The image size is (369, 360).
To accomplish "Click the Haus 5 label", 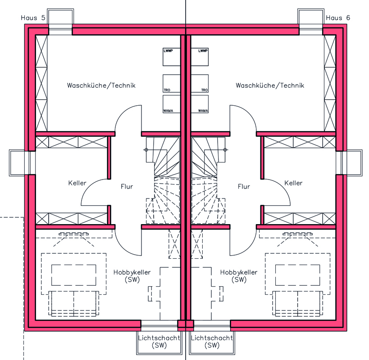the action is tap(33, 18).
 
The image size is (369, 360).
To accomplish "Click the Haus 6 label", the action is tap(338, 18).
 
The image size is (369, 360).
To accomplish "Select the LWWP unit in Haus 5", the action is tap(172, 57).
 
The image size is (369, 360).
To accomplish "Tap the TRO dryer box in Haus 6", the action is tap(200, 83).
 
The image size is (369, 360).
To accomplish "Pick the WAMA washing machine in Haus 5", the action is tap(172, 104).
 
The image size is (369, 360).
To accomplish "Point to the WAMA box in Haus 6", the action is tap(200, 104).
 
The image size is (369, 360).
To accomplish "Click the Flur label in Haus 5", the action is tap(127, 187).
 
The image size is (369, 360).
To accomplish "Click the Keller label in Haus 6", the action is tap(293, 183).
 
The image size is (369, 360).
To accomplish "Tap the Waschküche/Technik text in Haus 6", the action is tap(270, 85).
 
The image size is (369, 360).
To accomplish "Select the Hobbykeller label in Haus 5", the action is tap(132, 272).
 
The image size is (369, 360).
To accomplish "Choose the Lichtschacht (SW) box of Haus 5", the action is tap(159, 342).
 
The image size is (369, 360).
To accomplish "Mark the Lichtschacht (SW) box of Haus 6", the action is tap(212, 342).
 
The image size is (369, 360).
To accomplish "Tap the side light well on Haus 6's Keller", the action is tap(352, 163).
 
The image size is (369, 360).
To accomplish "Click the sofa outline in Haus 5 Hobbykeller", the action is tap(73, 304).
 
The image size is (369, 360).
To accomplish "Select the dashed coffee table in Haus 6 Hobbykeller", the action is tap(298, 275).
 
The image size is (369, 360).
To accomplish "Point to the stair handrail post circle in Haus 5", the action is tap(146, 150).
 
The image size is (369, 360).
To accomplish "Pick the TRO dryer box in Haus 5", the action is tap(172, 83).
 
